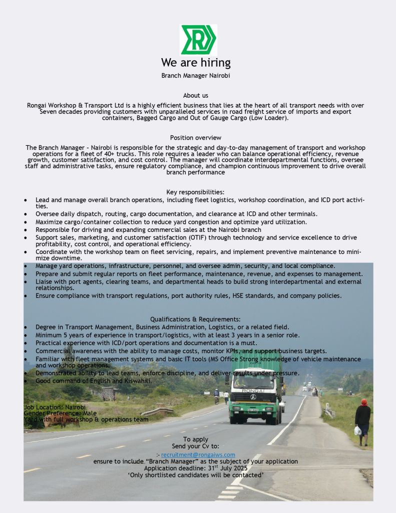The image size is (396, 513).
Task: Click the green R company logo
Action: [x=198, y=40]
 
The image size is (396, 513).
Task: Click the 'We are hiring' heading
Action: [x=196, y=63]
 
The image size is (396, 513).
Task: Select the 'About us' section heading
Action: [x=196, y=95]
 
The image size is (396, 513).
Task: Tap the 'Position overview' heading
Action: [x=196, y=137]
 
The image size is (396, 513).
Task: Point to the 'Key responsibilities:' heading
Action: [x=196, y=192]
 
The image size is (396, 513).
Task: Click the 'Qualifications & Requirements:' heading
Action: [x=196, y=319]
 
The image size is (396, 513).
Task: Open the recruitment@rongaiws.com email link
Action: [x=198, y=454]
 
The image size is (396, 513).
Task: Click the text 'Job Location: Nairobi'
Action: [x=55, y=407]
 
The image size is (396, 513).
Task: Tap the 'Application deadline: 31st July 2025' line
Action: [x=196, y=468]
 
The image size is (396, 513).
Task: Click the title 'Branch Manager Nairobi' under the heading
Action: [x=196, y=76]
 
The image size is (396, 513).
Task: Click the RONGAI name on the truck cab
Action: [x=253, y=390]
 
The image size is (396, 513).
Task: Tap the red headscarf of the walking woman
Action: [x=364, y=402]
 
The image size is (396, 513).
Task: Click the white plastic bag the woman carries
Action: [x=357, y=431]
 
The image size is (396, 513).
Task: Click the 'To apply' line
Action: [x=196, y=439]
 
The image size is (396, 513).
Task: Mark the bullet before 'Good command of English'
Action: [x=26, y=381]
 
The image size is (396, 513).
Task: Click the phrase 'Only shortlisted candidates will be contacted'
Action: [x=196, y=475]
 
